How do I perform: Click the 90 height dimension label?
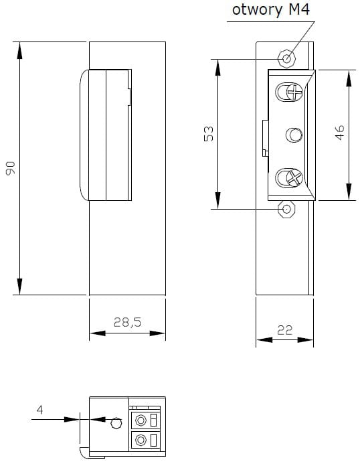[x=11, y=168]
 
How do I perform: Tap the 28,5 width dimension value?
[x=127, y=322]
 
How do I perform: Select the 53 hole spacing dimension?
[x=209, y=134]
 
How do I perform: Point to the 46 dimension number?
[x=339, y=133]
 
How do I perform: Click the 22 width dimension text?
[x=284, y=330]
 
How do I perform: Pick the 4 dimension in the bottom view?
[x=39, y=410]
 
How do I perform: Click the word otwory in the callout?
[x=257, y=10]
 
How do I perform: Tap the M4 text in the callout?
[x=299, y=9]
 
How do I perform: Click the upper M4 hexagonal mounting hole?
[x=286, y=58]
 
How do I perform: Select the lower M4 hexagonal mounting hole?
[x=286, y=209]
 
